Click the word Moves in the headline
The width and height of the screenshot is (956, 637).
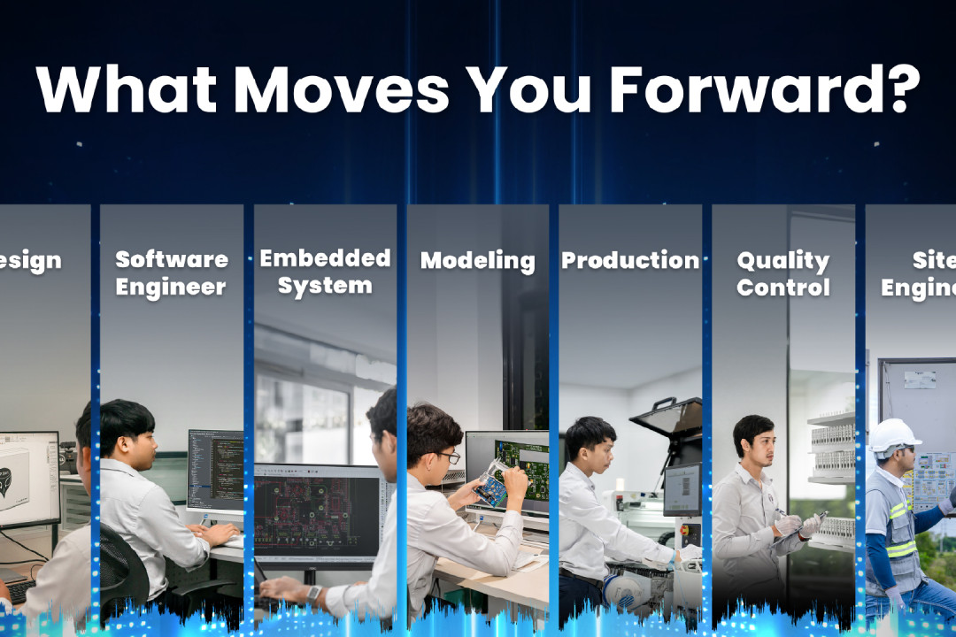click(x=342, y=88)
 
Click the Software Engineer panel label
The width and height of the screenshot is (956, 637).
click(x=171, y=273)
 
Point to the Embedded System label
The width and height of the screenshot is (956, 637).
click(x=325, y=272)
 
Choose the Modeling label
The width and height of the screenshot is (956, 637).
click(x=477, y=261)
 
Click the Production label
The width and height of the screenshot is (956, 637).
click(x=630, y=261)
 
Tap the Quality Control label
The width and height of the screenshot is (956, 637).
click(x=783, y=274)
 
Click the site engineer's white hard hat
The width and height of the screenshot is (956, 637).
click(x=894, y=434)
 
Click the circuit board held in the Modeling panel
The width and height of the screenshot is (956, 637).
click(x=490, y=487)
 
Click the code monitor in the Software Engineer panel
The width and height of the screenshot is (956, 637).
click(x=215, y=470)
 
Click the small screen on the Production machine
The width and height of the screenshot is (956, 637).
click(x=682, y=487)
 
